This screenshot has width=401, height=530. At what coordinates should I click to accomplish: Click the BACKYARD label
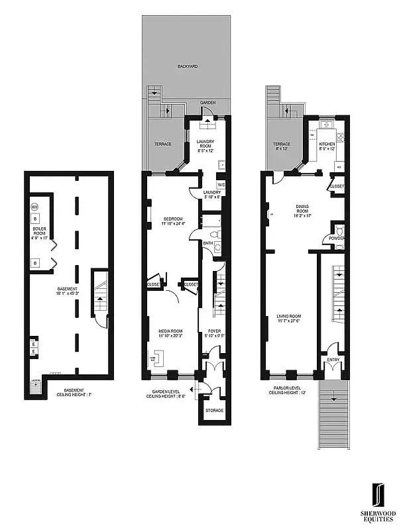pyautogui.click(x=188, y=67)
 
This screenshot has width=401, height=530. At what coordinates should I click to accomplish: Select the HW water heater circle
pyautogui.click(x=34, y=207)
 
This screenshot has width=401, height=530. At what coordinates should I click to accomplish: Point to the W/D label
pyautogui.click(x=221, y=184)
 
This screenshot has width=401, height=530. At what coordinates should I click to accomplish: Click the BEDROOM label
pyautogui.click(x=172, y=221)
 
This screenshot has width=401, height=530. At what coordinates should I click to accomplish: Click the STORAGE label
pyautogui.click(x=214, y=411)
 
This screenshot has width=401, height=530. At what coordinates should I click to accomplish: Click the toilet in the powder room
pyautogui.click(x=339, y=231)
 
